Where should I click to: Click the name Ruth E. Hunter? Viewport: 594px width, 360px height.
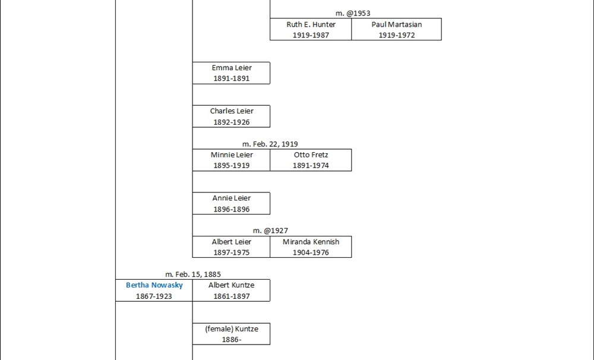(x=311, y=24)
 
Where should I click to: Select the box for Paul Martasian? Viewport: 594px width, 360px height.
(x=396, y=30)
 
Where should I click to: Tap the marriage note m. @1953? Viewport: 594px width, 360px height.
(x=353, y=13)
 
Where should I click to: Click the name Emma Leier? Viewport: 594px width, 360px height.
(x=232, y=68)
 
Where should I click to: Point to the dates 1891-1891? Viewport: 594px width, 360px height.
(x=232, y=78)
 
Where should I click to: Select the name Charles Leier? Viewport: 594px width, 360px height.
(x=232, y=111)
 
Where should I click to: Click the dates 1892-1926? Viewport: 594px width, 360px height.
(x=232, y=122)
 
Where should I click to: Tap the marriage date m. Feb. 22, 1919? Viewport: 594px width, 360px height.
(x=270, y=144)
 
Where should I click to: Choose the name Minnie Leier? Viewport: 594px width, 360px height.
(x=232, y=154)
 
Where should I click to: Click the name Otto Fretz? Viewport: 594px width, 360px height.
(x=311, y=154)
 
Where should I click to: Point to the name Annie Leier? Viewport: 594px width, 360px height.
(x=232, y=198)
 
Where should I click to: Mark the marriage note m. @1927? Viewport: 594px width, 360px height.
(x=270, y=230)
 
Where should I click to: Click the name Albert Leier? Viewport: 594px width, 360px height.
(x=232, y=242)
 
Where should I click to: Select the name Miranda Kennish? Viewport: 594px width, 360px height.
(x=311, y=242)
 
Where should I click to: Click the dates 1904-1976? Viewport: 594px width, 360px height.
(x=311, y=252)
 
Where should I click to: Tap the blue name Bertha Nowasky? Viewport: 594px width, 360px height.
(x=154, y=285)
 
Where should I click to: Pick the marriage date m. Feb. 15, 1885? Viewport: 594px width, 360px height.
(x=193, y=274)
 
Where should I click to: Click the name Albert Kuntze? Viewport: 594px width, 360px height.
(x=232, y=285)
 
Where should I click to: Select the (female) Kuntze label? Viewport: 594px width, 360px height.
(x=232, y=329)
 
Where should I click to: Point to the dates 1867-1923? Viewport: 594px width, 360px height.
(x=154, y=296)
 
